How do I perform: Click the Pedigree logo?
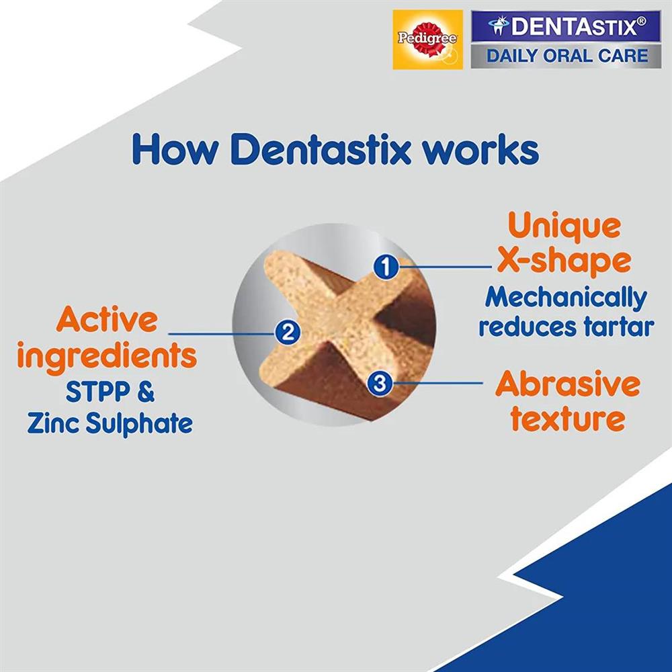(427, 40)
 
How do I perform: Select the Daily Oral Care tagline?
(566, 56)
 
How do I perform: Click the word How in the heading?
(175, 149)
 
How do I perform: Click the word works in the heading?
(480, 151)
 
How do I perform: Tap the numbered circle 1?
(386, 267)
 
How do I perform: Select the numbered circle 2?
(287, 333)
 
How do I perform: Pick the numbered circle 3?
(380, 383)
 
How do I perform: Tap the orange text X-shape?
(564, 261)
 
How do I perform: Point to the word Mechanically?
(566, 298)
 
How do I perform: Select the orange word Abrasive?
(567, 384)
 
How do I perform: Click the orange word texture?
(568, 418)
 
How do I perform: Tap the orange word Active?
(107, 319)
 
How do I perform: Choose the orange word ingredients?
(107, 355)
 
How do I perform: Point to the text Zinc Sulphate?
(110, 423)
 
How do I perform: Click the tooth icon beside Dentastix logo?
(499, 26)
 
